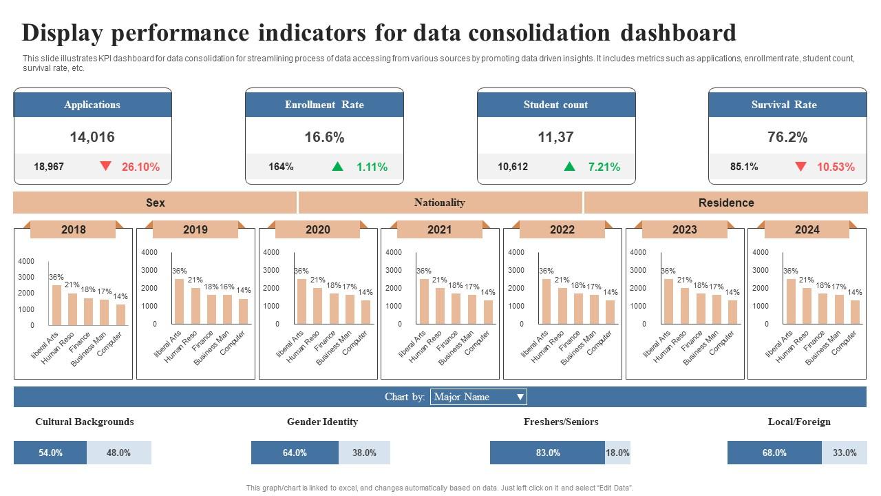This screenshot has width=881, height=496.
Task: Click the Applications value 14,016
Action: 92,137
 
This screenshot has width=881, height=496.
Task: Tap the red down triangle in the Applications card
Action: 105,166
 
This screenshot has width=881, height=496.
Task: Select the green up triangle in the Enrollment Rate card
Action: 337,166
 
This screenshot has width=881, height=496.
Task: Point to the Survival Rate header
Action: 787,105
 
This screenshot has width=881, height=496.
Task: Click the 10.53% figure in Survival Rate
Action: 836,167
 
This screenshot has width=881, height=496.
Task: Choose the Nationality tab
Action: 440,203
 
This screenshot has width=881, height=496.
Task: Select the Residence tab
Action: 725,203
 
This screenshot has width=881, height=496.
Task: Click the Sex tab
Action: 155,203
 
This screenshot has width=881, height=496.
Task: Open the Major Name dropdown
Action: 478,397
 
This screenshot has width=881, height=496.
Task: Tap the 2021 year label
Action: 440,229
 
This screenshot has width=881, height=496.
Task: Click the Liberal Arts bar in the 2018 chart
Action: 56,305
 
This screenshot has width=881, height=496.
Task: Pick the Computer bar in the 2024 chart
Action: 855,312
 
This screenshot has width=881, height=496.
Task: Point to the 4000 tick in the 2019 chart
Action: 149,253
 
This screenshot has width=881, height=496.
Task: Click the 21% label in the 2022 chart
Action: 562,280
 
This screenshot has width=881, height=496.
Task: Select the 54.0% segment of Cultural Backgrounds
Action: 50,453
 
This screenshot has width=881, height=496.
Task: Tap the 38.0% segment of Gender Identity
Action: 364,453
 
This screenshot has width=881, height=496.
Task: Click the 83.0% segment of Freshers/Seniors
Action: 547,453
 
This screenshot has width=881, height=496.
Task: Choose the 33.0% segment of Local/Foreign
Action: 844,453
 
